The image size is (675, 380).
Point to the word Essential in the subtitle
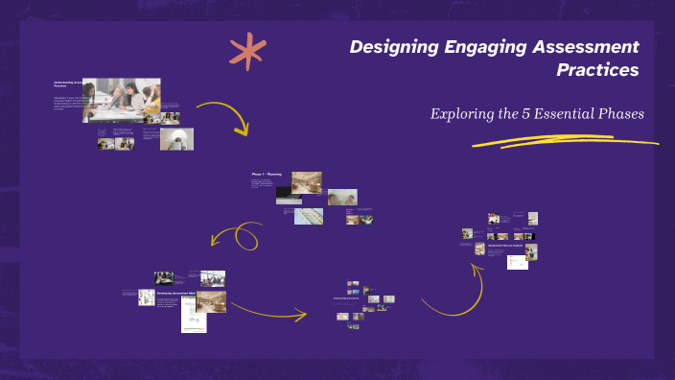tap(556, 113)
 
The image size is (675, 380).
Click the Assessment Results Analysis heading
tap(504, 246)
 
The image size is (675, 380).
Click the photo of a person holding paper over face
tap(176, 139)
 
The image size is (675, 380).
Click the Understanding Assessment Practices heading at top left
tap(67, 84)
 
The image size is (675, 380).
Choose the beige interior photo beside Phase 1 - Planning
tap(306, 181)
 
